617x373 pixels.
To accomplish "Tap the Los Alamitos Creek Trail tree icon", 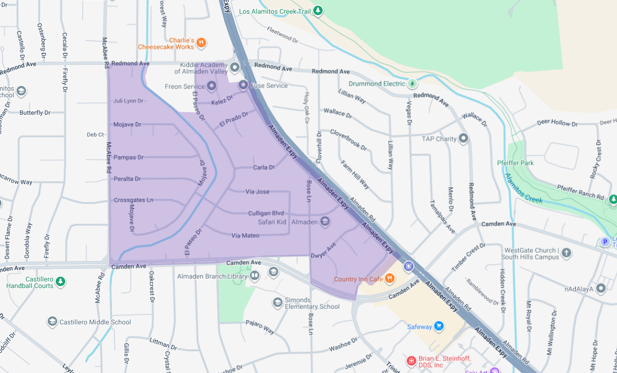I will pos(318,10).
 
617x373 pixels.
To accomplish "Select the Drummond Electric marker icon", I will pos(412,84).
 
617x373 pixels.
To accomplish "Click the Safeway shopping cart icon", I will pos(439,326).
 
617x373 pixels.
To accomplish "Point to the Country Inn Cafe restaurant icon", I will pos(389,279).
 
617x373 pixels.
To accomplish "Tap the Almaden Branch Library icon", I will pos(255,275).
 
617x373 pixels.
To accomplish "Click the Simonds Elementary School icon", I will pos(277,302).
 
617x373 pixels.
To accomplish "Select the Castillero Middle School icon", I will pos(52,322).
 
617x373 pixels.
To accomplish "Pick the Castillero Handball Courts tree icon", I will pos(60,282).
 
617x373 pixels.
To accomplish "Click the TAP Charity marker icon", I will pos(463,138).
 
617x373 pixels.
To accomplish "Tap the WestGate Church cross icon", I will pos(566,254).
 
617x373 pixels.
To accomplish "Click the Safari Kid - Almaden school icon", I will pos(325,221).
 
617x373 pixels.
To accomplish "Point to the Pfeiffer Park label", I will pos(515,163).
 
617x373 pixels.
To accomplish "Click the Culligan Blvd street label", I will pos(266,213).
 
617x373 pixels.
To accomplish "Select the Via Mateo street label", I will pos(245,235).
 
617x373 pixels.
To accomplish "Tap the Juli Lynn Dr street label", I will pos(128,101).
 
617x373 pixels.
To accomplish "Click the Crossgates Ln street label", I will pos(133,200).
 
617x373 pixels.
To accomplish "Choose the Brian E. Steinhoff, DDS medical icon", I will pos(411,361).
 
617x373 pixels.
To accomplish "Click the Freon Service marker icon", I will pos(212,86).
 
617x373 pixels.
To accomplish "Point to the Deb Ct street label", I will pos(95,135).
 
